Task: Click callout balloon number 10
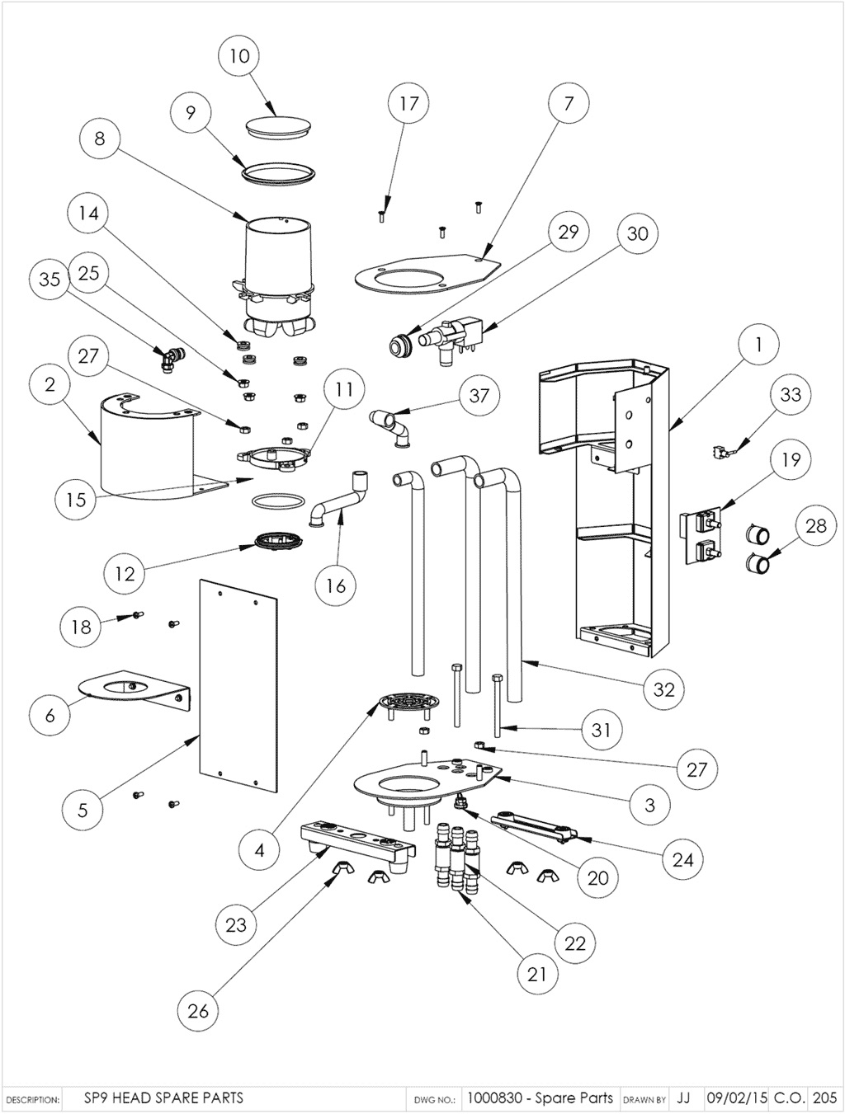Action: coord(238,56)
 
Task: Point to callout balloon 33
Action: coord(790,394)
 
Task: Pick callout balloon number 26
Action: coord(198,1010)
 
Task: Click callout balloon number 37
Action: coord(479,395)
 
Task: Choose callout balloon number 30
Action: coord(637,233)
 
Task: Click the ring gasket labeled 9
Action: coord(279,172)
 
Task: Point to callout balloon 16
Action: coord(335,585)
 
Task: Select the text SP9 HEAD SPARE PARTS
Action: coord(163,1098)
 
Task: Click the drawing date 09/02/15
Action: coord(737,1098)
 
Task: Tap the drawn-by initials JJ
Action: coord(683,1098)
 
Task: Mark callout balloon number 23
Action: coord(236,924)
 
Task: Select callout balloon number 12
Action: coord(125,572)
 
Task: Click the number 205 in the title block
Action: coord(824,1098)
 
